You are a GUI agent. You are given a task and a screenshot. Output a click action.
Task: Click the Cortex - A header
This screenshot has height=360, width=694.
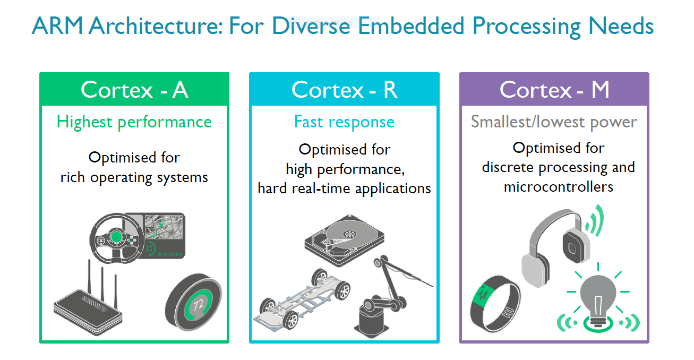(x=134, y=90)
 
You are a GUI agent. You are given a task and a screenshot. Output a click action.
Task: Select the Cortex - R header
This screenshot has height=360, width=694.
(x=344, y=90)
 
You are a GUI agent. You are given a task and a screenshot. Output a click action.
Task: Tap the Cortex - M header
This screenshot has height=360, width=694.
(x=554, y=90)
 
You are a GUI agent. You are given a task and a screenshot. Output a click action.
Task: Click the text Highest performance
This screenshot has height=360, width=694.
(x=134, y=122)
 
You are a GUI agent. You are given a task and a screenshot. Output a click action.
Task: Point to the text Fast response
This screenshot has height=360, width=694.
(x=344, y=122)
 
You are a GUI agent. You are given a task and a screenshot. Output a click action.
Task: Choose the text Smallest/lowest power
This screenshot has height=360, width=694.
(x=554, y=122)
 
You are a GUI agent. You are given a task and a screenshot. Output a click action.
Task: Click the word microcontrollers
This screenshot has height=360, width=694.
(x=558, y=187)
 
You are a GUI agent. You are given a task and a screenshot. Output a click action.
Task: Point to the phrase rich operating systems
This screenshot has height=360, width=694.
(x=134, y=177)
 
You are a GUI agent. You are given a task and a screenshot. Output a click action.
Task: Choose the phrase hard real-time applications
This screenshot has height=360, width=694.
(x=344, y=188)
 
